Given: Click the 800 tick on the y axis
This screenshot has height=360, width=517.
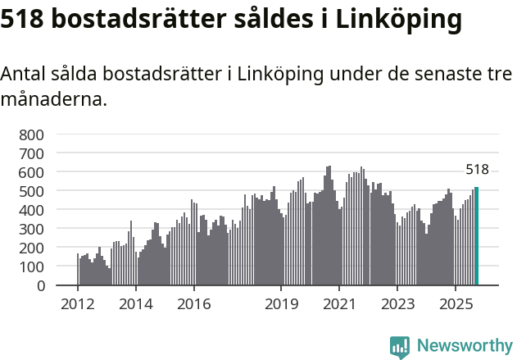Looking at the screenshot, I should tap(34, 134).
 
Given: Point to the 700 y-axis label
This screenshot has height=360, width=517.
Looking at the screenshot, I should tap(34, 153).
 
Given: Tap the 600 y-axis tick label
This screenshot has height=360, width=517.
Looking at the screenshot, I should tap(34, 171).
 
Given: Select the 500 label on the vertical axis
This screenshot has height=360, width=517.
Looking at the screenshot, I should tap(34, 190).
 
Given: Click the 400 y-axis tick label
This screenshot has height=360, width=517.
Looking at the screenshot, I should tap(34, 210).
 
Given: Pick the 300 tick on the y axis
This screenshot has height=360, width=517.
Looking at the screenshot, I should tap(34, 229).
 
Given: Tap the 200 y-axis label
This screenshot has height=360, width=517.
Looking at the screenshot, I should tap(34, 248).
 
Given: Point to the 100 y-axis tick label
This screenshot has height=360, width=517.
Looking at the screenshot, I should tap(34, 267).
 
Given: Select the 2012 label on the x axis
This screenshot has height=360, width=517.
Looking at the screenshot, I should tap(78, 305).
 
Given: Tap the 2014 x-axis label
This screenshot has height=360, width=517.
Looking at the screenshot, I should tap(136, 305).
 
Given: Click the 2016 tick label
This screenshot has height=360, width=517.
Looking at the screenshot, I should tap(193, 305).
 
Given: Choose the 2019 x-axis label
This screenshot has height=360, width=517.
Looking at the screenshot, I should tap(281, 305).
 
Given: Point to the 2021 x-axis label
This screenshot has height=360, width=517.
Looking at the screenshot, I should tap(339, 305).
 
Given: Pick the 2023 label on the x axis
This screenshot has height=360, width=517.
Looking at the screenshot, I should tap(397, 305).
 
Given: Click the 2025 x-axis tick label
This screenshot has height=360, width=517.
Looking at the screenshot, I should tap(456, 305).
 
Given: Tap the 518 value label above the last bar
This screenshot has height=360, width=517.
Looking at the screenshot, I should tap(477, 171).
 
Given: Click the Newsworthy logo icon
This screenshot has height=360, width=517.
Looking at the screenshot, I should tap(400, 346).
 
